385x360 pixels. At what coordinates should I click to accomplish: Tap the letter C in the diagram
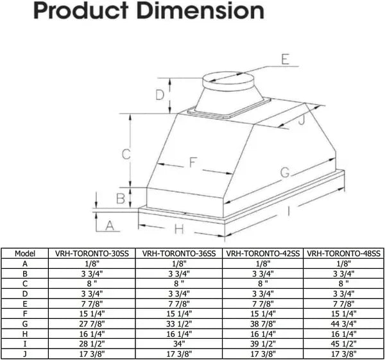coord(127,154)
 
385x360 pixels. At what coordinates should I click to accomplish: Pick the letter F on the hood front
coord(193,163)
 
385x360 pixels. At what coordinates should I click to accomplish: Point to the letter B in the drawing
coord(120,198)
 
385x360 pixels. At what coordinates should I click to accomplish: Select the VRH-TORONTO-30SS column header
coord(91,253)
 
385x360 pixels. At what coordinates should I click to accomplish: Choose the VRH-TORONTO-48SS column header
coord(344,253)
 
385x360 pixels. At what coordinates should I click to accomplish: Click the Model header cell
coord(24,253)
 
